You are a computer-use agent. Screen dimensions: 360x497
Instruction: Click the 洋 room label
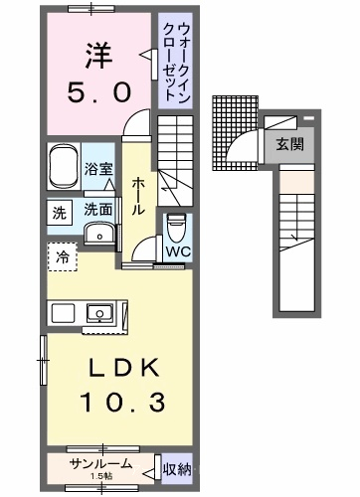click(99, 56)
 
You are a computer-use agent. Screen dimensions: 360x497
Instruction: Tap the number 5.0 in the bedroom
click(99, 92)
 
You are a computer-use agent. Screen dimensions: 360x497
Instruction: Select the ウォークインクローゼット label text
click(175, 62)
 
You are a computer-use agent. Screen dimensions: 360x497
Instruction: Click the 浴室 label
click(98, 169)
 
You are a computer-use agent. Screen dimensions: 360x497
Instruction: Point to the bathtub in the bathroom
click(64, 166)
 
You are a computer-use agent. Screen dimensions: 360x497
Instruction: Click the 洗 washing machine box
click(60, 213)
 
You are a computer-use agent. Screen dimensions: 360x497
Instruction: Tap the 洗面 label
click(97, 210)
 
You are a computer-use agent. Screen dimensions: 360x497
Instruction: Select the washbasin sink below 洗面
click(99, 234)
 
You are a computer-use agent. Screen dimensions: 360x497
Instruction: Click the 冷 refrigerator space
click(63, 256)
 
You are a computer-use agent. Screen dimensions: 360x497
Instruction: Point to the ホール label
click(138, 196)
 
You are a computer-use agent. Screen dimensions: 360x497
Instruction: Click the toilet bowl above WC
click(176, 228)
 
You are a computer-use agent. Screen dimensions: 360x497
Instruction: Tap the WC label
click(178, 252)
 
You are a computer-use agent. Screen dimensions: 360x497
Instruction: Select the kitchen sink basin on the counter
click(99, 313)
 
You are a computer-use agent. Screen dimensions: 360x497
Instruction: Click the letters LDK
click(123, 368)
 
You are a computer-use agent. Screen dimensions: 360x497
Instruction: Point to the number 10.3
click(122, 402)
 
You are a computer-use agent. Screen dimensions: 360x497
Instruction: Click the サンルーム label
click(100, 464)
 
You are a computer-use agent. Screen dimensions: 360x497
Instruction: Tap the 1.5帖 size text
click(101, 476)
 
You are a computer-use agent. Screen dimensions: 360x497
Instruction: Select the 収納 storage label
click(177, 469)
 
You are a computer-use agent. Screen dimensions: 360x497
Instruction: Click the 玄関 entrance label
click(290, 144)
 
